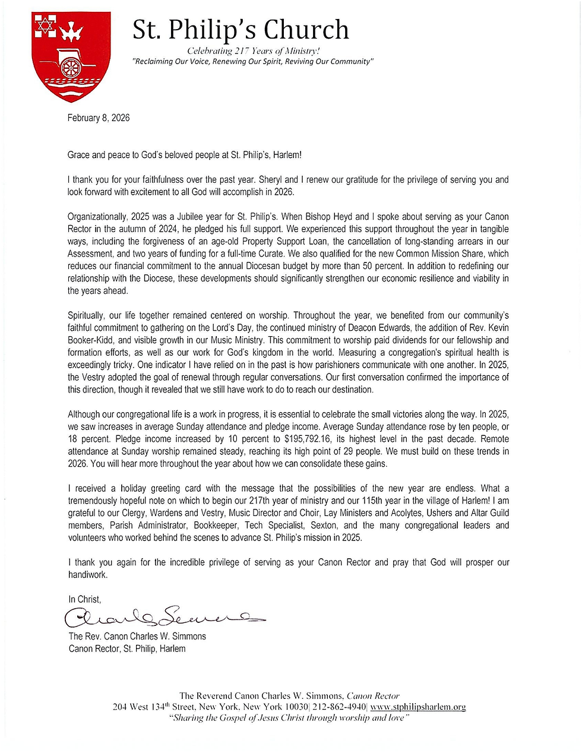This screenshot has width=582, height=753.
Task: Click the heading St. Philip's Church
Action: point(241,30)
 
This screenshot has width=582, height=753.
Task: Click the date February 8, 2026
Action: point(99,118)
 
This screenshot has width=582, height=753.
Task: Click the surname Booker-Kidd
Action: point(91,340)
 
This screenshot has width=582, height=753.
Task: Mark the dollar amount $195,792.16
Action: point(314,439)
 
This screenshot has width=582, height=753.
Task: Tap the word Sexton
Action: point(324,525)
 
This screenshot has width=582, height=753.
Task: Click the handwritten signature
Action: point(163,618)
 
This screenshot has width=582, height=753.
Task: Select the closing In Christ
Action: point(85,599)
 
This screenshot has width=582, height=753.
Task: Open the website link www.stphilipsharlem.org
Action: point(417,707)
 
